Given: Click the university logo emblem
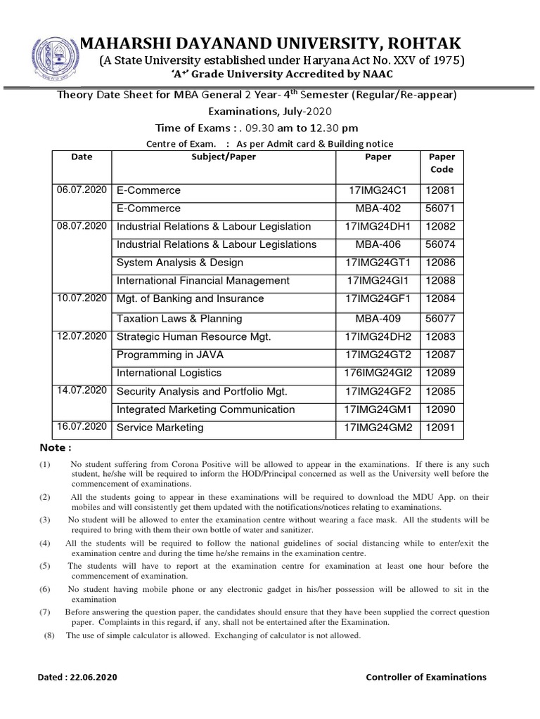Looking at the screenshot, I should tap(53, 53).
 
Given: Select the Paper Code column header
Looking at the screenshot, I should tap(442, 164).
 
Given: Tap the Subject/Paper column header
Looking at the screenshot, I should tap(224, 157).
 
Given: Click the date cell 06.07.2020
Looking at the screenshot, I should tap(82, 190).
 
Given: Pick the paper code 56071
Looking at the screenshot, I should tap(442, 209).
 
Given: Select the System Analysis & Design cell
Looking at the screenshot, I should tap(179, 263).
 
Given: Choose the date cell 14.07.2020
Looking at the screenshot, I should tap(82, 391).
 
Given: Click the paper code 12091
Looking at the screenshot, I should tap(442, 428).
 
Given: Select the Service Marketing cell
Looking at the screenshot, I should tap(160, 428).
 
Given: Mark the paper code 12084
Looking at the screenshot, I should tap(442, 299).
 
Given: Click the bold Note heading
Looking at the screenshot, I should tap(56, 448).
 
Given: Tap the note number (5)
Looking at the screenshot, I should tap(45, 566).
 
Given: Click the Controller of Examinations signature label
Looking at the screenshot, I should tap(426, 678).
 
